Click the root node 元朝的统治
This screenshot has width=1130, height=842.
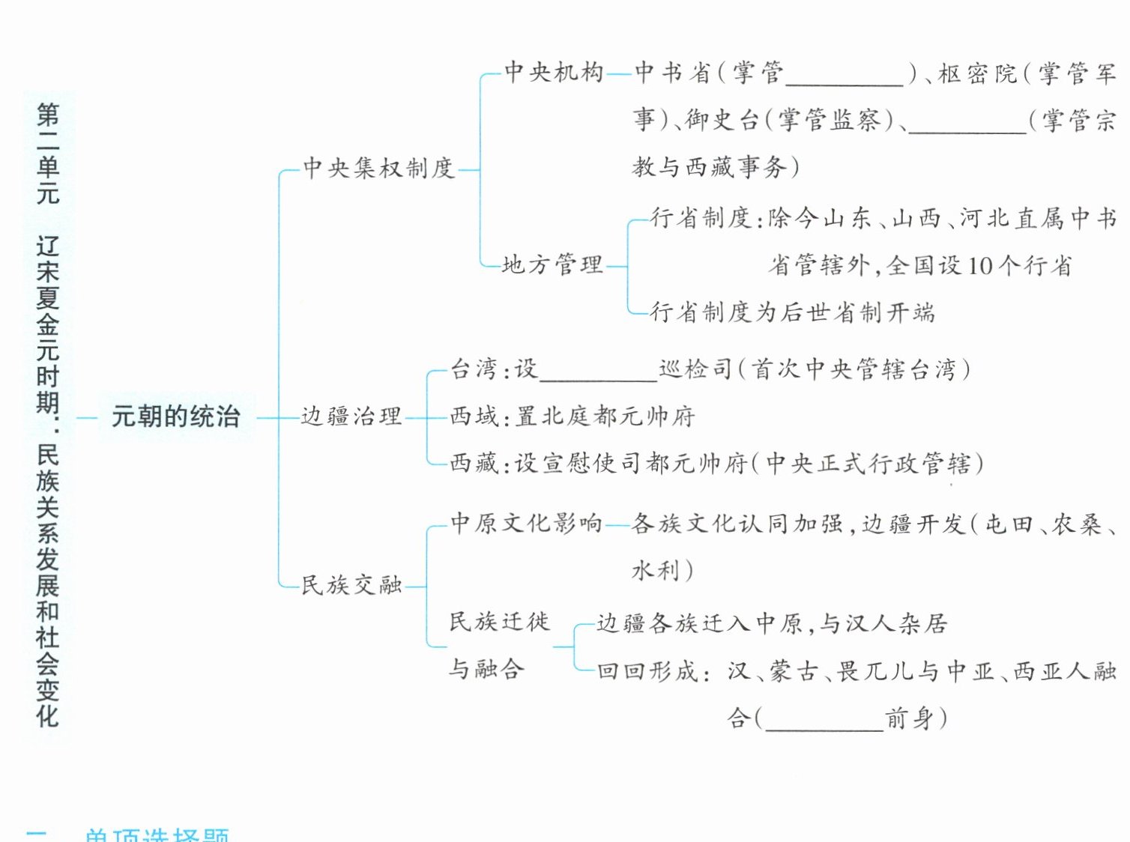(175, 417)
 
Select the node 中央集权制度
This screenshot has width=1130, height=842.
(378, 168)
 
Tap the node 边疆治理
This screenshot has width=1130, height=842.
(351, 417)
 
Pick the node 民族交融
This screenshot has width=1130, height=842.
(351, 585)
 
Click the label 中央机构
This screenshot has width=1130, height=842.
(554, 72)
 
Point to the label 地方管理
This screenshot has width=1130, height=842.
(552, 264)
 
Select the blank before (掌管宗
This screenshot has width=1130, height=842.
(967, 123)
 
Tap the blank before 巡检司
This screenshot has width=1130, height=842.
(598, 372)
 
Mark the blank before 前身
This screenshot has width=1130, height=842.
(824, 721)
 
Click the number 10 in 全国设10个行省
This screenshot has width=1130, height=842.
(980, 266)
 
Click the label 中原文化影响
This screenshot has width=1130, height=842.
(526, 523)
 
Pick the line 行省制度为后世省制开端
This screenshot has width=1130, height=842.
(792, 312)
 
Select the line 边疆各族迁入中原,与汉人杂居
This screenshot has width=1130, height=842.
(772, 623)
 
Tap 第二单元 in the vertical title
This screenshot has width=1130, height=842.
(47, 154)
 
